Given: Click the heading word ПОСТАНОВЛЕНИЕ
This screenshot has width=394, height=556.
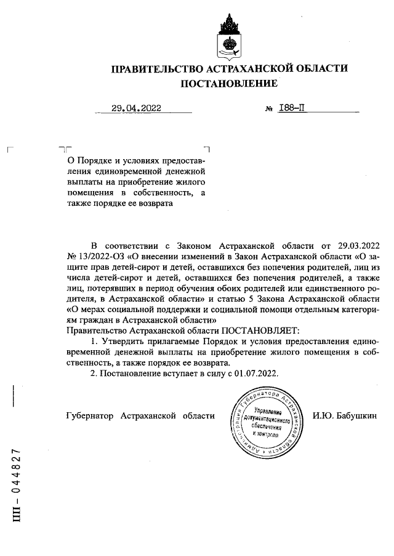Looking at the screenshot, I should [x=228, y=82].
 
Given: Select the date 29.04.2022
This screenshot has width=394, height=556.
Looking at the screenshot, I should [x=136, y=108].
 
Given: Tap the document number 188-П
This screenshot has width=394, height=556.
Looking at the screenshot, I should [x=292, y=108].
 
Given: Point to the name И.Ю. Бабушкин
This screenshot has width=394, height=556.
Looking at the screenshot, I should [x=344, y=416].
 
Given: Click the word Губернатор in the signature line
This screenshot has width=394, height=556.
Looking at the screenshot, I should [x=89, y=416].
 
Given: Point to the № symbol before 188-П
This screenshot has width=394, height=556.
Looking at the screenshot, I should [x=268, y=109].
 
